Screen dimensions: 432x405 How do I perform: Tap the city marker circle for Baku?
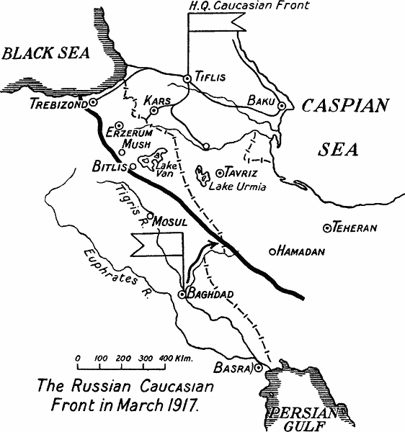tap(282, 106)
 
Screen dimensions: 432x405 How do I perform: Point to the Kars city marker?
tap(153, 111)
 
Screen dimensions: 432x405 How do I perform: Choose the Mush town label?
tap(136, 144)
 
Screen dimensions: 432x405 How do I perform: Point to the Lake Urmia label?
tap(237, 187)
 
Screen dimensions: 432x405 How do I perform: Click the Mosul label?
tap(172, 221)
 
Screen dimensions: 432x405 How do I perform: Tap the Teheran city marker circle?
tap(328, 228)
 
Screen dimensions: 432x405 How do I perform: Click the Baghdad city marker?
tap(182, 294)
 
